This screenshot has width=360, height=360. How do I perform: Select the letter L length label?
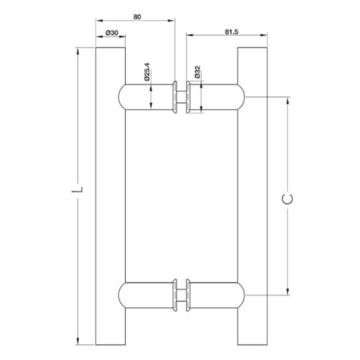coord(83,192)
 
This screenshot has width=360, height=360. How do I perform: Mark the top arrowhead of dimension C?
coord(290,99)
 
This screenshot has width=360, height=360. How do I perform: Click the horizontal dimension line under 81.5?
coord(224,40)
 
